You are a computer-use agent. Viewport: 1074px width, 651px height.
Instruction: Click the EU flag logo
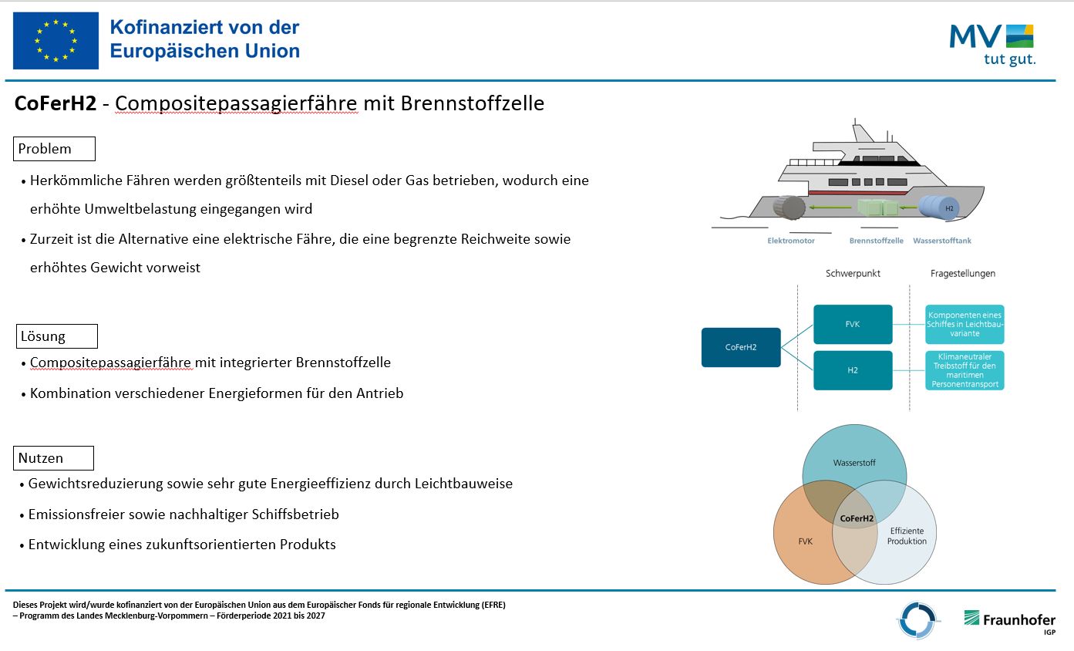point(56,41)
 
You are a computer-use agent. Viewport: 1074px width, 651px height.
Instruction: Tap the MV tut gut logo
point(992,45)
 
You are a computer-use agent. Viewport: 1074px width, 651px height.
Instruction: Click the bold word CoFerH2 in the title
point(56,103)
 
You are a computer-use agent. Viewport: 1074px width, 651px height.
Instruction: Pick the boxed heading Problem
point(54,149)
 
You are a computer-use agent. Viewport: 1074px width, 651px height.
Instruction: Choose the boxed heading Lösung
point(56,336)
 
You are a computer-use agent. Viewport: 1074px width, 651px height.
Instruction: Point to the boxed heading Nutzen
point(53,458)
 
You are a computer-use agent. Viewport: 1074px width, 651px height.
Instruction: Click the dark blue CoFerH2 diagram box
point(741,347)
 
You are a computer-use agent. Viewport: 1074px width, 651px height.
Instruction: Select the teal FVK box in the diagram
point(853,324)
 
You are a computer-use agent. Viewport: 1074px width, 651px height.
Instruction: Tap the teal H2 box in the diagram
point(853,370)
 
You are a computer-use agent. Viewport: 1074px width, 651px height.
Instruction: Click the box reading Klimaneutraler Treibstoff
point(965,370)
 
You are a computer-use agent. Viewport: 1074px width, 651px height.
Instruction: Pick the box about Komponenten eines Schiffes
point(965,324)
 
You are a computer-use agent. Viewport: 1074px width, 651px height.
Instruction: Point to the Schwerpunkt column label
point(853,274)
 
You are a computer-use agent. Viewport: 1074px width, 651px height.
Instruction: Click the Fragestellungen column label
point(963,274)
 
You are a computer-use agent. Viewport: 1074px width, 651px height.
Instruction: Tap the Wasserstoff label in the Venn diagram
point(854,463)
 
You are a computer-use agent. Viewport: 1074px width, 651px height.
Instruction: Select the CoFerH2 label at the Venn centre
point(857,518)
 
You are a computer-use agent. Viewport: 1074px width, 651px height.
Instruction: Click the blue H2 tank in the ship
point(939,207)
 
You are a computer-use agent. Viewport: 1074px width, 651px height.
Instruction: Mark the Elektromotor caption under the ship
point(791,241)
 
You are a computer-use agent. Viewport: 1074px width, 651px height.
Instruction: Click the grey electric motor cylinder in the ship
point(790,207)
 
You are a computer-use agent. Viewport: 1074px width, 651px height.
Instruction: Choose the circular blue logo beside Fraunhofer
point(917,620)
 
